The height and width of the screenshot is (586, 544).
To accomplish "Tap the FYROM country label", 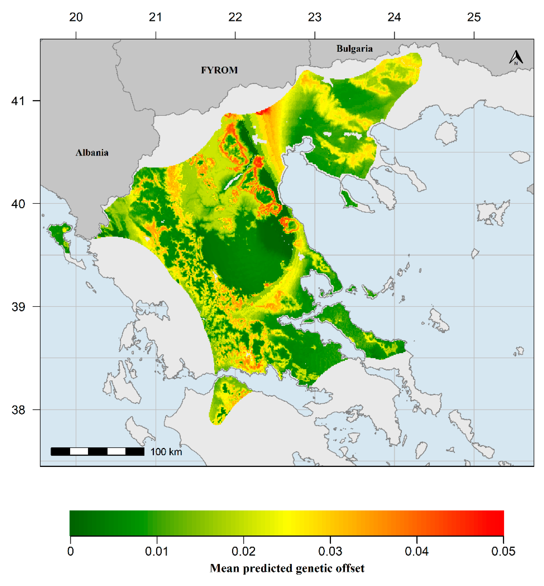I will click(x=219, y=70).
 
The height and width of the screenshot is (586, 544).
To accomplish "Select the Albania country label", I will click(x=92, y=153).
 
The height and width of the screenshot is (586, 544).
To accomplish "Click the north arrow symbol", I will click(x=516, y=58).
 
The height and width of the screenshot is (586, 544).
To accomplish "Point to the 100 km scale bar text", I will click(x=166, y=452).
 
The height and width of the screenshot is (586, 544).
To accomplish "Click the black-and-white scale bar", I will click(x=97, y=452).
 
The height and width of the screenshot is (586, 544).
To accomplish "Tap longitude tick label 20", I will click(x=76, y=17).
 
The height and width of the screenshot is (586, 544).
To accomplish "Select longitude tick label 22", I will click(x=235, y=17).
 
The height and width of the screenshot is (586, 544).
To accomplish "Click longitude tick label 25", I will click(x=474, y=17).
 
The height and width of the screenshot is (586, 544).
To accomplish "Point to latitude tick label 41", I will click(x=18, y=101).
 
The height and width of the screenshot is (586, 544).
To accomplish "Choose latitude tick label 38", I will click(x=18, y=410).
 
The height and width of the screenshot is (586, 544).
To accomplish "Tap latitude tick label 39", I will click(x=18, y=307).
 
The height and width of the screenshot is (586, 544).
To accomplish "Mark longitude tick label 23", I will click(x=315, y=17).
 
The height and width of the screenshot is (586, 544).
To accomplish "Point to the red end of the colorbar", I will click(x=498, y=523).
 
